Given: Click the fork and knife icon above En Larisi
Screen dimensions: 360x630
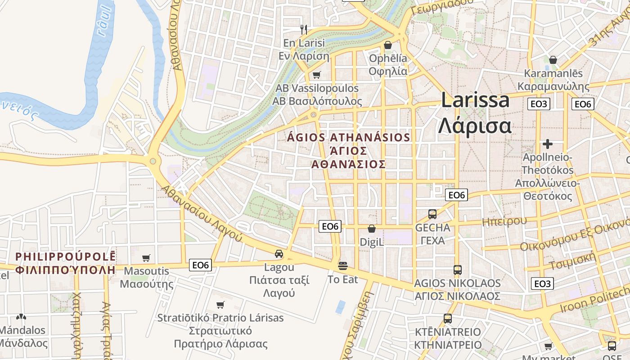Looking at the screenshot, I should pyautogui.click(x=304, y=30).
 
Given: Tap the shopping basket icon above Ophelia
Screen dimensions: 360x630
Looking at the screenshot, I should pyautogui.click(x=387, y=45).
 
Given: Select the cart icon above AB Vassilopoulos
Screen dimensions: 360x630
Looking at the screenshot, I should pyautogui.click(x=316, y=75).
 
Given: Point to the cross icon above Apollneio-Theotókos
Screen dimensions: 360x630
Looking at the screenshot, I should pyautogui.click(x=547, y=144).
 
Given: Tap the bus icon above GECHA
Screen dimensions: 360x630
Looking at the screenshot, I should pyautogui.click(x=432, y=214).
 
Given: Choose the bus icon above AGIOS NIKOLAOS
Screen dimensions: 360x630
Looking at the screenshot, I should pyautogui.click(x=457, y=270).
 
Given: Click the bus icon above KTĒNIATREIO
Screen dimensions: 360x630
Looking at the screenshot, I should pyautogui.click(x=447, y=319).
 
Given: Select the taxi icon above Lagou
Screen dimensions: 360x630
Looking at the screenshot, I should pyautogui.click(x=279, y=254).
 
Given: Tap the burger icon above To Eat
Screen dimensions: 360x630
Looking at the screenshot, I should pyautogui.click(x=343, y=266).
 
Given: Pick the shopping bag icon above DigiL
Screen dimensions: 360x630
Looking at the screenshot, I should pyautogui.click(x=372, y=229).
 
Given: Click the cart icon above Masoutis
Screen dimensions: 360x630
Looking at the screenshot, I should pyautogui.click(x=146, y=258).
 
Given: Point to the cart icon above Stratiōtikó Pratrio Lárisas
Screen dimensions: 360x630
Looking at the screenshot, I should pyautogui.click(x=220, y=305).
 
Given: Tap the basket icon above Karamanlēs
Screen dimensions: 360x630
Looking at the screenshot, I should pyautogui.click(x=553, y=60).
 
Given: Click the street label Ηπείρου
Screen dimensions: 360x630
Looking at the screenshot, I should pyautogui.click(x=504, y=221).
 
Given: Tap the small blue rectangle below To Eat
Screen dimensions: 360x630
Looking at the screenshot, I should pyautogui.click(x=341, y=307).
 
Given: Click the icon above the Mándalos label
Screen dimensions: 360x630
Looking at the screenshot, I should pyautogui.click(x=21, y=317).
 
